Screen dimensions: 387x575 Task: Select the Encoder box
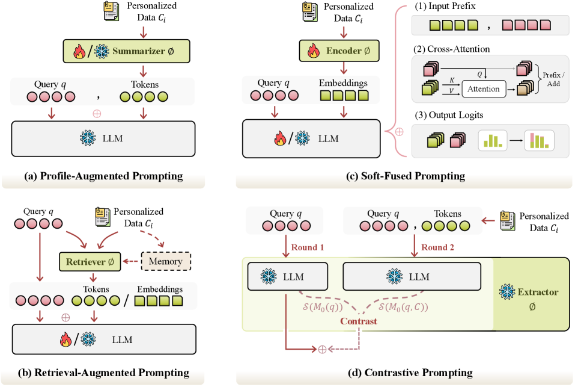(x=340, y=52)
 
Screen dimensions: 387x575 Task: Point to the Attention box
(x=483, y=88)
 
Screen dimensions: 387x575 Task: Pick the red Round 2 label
(x=439, y=247)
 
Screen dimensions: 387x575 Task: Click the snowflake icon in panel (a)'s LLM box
(x=87, y=137)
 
